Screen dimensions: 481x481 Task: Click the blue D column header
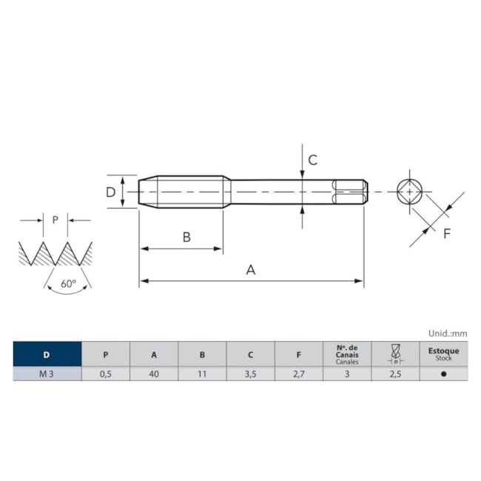point(47,354)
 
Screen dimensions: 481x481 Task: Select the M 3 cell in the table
point(47,374)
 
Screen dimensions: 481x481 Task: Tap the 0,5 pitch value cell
point(106,374)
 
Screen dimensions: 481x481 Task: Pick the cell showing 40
point(154,374)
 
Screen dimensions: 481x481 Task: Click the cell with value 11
point(202,374)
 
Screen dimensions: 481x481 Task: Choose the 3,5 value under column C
point(250,374)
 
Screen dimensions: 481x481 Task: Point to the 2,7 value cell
point(299,374)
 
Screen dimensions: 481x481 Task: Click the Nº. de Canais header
point(347,354)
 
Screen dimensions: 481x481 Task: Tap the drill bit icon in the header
point(395,354)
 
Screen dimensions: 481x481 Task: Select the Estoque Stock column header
point(443,354)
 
